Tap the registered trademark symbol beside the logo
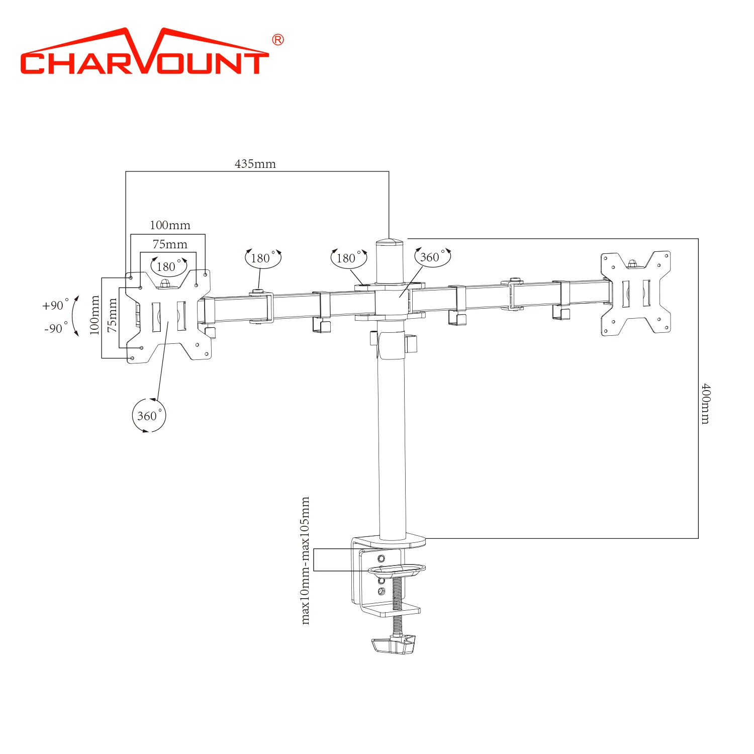[x=277, y=40]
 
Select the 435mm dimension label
[x=255, y=164]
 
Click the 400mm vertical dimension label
[x=706, y=404]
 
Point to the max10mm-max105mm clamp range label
[x=305, y=560]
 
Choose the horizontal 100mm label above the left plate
[x=170, y=225]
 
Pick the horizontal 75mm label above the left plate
[x=170, y=244]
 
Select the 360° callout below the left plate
[x=149, y=416]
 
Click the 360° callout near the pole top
[x=432, y=257]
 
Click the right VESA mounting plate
[x=636, y=293]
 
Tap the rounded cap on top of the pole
[x=390, y=243]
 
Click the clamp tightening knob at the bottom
[x=394, y=644]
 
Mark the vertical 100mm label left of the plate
[x=95, y=315]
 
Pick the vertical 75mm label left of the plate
[x=112, y=315]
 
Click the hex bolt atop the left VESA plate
[x=164, y=284]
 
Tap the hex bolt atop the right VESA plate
[x=632, y=263]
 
